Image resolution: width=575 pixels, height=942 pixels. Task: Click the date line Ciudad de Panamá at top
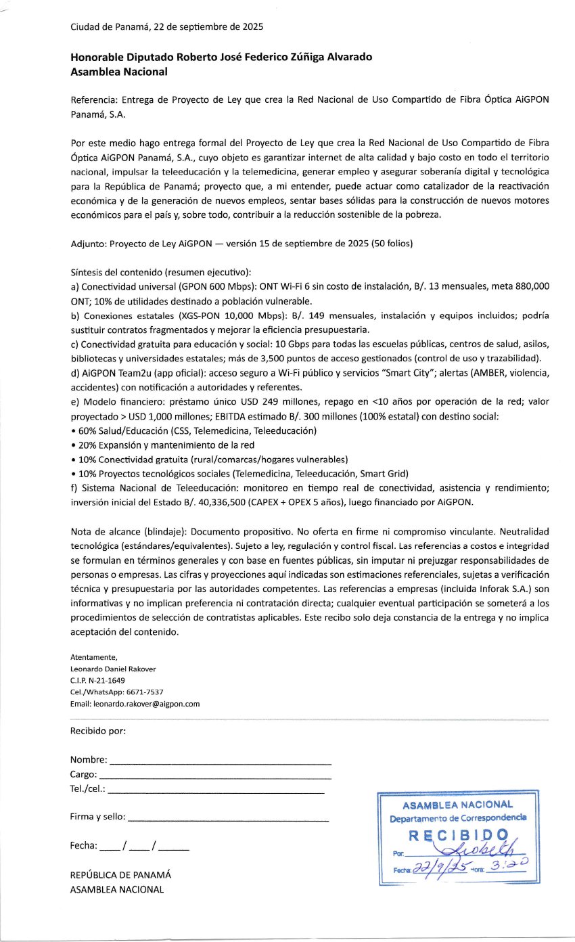[x=166, y=28]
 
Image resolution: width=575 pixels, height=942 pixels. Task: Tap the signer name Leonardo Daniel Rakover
[x=113, y=669]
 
